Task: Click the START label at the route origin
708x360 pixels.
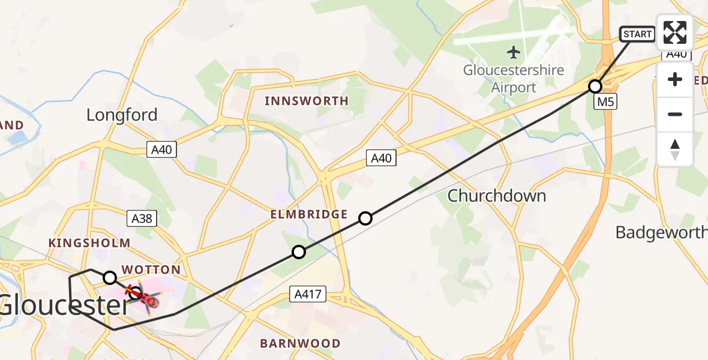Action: tap(637, 34)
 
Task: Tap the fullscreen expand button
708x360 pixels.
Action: tap(675, 32)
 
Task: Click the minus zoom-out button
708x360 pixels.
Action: tap(675, 114)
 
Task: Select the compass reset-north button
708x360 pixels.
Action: tap(675, 149)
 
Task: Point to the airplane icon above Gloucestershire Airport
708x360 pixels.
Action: tap(514, 52)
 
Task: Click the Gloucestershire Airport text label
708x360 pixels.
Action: tap(513, 79)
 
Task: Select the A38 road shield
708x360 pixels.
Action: tap(142, 218)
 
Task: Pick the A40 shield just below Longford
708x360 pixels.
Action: tap(162, 150)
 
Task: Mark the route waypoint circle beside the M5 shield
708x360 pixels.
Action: tap(595, 86)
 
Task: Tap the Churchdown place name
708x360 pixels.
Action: tap(497, 196)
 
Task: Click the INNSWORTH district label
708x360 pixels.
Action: tap(307, 101)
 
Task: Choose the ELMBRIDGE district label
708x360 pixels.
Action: tap(309, 214)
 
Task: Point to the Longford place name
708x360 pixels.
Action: tap(122, 115)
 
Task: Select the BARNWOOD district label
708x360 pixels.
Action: tap(300, 344)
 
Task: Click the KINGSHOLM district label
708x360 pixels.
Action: tap(89, 243)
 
